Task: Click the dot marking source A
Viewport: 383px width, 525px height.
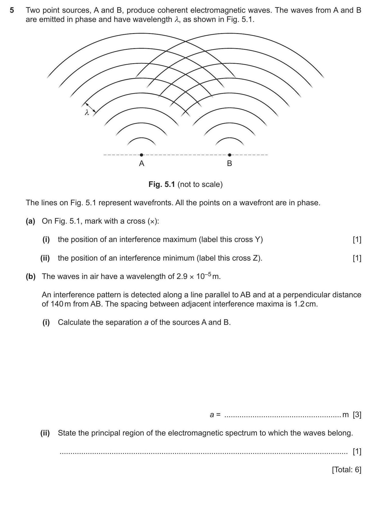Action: pyautogui.click(x=141, y=155)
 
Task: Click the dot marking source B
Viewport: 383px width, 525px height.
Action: pyautogui.click(x=230, y=155)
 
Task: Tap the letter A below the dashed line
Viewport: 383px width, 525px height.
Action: pyautogui.click(x=141, y=163)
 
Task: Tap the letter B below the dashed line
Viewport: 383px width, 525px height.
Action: pyautogui.click(x=229, y=163)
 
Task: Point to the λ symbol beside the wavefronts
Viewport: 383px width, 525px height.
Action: pyautogui.click(x=87, y=112)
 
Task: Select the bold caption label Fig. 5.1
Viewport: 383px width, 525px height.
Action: pyautogui.click(x=162, y=184)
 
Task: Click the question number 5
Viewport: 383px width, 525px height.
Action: pyautogui.click(x=12, y=10)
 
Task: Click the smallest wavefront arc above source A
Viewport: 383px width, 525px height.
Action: pyautogui.click(x=141, y=139)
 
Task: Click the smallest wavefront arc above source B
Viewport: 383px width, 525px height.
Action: pyautogui.click(x=230, y=139)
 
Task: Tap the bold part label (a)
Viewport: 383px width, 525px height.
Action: pyautogui.click(x=30, y=221)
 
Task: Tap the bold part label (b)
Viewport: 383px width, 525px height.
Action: pyautogui.click(x=30, y=276)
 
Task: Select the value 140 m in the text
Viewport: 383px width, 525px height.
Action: pyautogui.click(x=57, y=304)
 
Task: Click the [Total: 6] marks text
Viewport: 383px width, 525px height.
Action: pyautogui.click(x=346, y=470)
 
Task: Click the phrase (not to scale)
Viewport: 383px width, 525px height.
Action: pyautogui.click(x=200, y=184)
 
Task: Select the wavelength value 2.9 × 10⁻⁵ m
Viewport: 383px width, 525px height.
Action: pyautogui.click(x=198, y=276)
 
